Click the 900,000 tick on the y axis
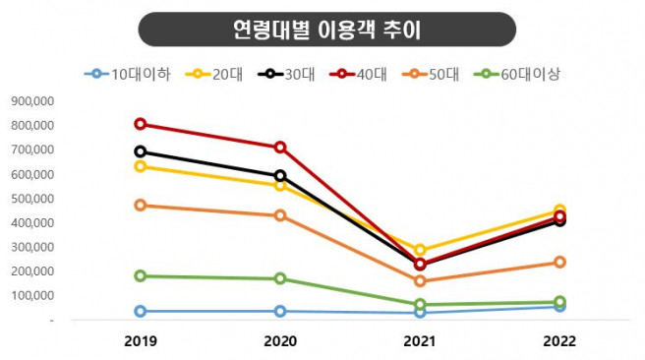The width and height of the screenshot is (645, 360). pos(32,101)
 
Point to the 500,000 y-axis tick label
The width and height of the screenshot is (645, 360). pos(32,199)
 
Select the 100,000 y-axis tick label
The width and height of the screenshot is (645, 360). pos(32,296)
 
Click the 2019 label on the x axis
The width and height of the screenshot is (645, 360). pos(141,341)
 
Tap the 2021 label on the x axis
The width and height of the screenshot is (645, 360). pos(420,341)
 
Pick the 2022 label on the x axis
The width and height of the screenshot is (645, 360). pos(559,341)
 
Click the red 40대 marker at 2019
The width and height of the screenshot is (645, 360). pos(141,124)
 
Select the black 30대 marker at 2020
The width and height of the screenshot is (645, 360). pos(280,176)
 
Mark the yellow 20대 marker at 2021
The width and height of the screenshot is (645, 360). pos(420,251)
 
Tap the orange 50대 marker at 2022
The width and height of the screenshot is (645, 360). pos(559,263)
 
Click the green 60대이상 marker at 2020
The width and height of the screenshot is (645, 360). pos(280,278)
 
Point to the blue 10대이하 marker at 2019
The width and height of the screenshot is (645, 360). pos(141,311)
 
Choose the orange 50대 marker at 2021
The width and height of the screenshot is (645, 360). pos(420,281)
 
